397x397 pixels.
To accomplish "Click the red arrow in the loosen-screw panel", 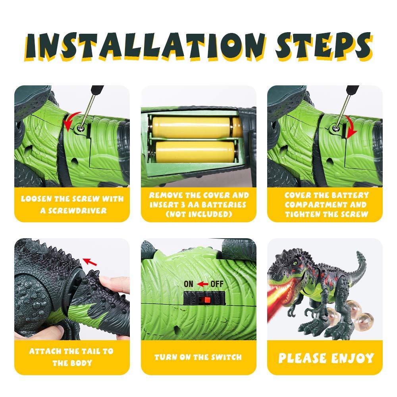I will click(x=71, y=121).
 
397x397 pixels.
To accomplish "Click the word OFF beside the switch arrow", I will click(x=217, y=284).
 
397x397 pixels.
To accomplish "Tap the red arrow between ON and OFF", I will click(x=203, y=284).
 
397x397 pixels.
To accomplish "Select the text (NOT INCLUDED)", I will click(x=198, y=214).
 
